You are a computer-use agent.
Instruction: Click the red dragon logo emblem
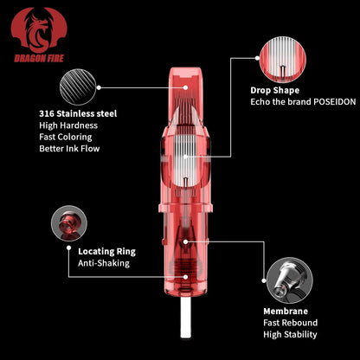pyautogui.click(x=39, y=30)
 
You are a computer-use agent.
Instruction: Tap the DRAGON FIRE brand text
pyautogui.click(x=39, y=59)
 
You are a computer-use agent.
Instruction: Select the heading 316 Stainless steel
pyautogui.click(x=78, y=113)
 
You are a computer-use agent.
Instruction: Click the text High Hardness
pyautogui.click(x=68, y=125)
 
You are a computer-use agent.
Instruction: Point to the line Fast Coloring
pyautogui.click(x=66, y=137)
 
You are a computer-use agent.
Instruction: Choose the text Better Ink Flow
pyautogui.click(x=69, y=149)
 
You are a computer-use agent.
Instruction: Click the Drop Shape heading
pyautogui.click(x=274, y=91)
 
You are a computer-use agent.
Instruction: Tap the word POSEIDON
pyautogui.click(x=334, y=102)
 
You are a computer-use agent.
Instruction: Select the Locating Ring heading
pyautogui.click(x=106, y=252)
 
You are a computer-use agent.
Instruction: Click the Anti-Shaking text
pyautogui.click(x=104, y=263)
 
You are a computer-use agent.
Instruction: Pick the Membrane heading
pyautogui.click(x=286, y=312)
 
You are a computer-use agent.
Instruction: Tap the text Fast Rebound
pyautogui.click(x=290, y=323)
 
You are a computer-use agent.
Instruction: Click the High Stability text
pyautogui.click(x=290, y=335)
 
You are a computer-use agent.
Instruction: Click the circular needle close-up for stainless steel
pyautogui.click(x=78, y=87)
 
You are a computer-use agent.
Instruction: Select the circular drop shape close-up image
pyautogui.click(x=282, y=60)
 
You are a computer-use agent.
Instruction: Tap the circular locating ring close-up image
pyautogui.click(x=69, y=223)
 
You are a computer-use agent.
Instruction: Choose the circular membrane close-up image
pyautogui.click(x=289, y=280)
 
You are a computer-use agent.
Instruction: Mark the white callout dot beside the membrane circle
pyautogui.click(x=264, y=280)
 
